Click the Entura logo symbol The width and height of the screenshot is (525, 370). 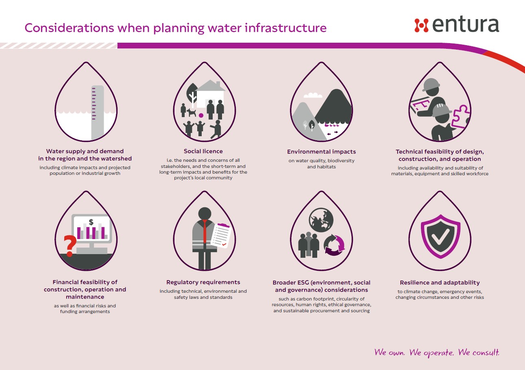pos(421,25)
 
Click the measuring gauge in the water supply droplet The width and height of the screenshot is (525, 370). pos(98,113)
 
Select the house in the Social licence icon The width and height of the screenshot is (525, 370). pos(210,94)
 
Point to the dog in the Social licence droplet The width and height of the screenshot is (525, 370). pos(191,113)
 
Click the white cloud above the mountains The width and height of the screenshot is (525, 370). pos(313,95)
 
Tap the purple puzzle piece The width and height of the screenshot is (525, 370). pos(460,116)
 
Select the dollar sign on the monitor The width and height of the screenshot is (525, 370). pos(91,222)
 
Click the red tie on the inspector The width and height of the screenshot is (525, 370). pos(205,232)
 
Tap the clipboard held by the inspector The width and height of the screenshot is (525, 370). pos(221,235)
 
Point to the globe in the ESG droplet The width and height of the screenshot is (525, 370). pos(321,220)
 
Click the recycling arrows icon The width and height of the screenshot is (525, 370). pos(334,245)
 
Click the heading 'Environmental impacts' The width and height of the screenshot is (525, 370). pos(321,152)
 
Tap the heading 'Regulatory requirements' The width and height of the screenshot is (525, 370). pos(203,282)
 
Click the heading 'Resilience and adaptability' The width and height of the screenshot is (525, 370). pos(440,283)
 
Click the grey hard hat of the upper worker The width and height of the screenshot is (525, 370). pos(431,84)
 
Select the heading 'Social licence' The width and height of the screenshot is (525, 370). pos(203,151)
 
